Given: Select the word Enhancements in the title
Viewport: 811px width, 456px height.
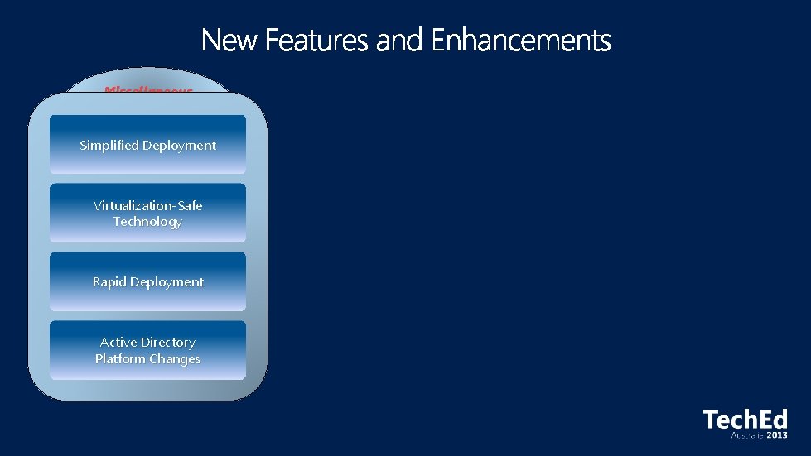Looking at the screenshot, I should (521, 40).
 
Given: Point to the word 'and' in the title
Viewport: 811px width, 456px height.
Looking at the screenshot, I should (403, 40).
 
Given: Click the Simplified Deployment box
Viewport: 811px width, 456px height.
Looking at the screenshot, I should (147, 144).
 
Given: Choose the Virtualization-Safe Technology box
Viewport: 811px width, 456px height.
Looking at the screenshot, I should (147, 213).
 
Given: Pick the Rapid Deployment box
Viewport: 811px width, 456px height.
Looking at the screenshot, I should (147, 281).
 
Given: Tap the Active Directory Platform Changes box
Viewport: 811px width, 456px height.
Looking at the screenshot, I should (147, 350).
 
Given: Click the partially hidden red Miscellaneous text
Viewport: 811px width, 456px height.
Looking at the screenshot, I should (148, 89).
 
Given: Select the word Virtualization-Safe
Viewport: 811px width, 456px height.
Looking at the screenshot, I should (147, 205).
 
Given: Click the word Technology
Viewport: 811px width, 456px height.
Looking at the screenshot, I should (147, 222).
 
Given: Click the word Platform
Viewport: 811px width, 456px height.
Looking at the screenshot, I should (121, 359).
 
